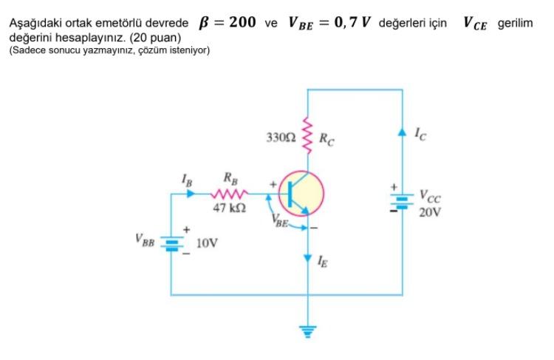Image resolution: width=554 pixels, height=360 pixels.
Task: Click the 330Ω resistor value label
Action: click(x=281, y=137)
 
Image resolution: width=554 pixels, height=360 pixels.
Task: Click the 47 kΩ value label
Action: click(x=229, y=209)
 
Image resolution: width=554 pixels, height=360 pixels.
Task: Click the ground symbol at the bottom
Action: click(x=306, y=330)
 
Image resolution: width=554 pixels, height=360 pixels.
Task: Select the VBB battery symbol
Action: click(x=171, y=244)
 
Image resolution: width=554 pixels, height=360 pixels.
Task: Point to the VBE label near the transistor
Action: click(x=281, y=220)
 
